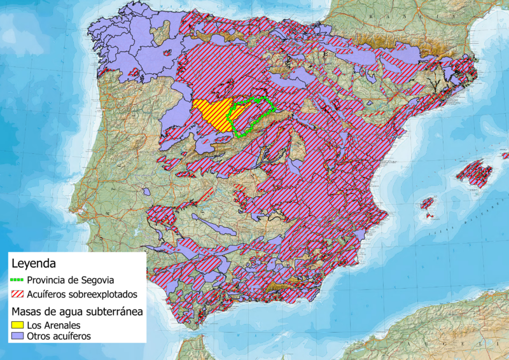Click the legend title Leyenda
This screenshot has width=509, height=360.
(35, 262)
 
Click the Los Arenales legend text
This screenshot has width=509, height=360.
(53, 325)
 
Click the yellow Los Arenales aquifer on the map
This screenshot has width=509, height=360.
(210, 114)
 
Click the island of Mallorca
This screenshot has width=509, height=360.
(475, 173)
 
